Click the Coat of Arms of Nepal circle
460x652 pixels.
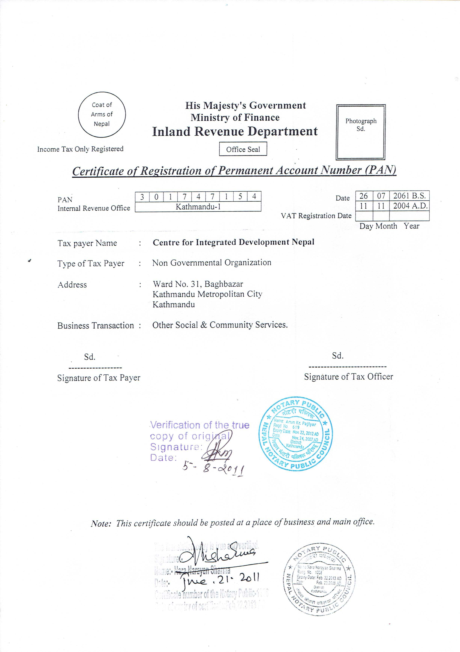pyautogui.click(x=102, y=115)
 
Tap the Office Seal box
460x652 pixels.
pyautogui.click(x=243, y=149)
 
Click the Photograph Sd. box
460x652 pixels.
pyautogui.click(x=361, y=132)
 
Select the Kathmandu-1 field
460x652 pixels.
pyautogui.click(x=198, y=207)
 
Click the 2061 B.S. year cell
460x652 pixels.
pyautogui.click(x=409, y=196)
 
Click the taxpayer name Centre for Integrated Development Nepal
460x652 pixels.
pyautogui.click(x=233, y=242)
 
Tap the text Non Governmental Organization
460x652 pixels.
pyautogui.click(x=212, y=263)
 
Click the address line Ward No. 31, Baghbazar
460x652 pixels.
pyautogui.click(x=198, y=284)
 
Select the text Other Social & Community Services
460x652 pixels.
pyautogui.click(x=220, y=325)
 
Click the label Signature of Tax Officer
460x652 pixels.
pyautogui.click(x=348, y=377)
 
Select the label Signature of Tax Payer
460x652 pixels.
pyautogui.click(x=99, y=378)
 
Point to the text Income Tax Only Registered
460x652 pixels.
pyautogui.click(x=80, y=149)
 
